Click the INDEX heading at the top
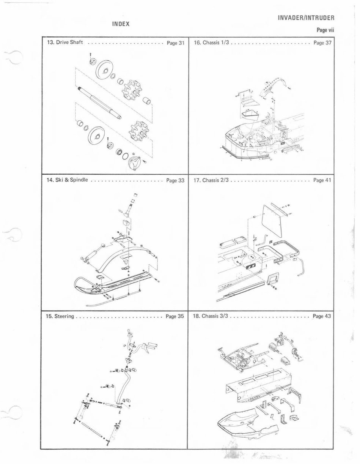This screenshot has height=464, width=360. tap(121, 24)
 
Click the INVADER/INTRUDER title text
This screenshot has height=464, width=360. tap(306, 18)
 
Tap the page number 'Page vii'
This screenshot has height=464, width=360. tap(325, 30)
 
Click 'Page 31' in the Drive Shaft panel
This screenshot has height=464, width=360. tap(175, 43)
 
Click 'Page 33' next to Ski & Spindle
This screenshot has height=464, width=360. tap(175, 180)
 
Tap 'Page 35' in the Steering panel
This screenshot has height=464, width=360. tap(175, 316)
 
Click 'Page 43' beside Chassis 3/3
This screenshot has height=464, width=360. tap(322, 316)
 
